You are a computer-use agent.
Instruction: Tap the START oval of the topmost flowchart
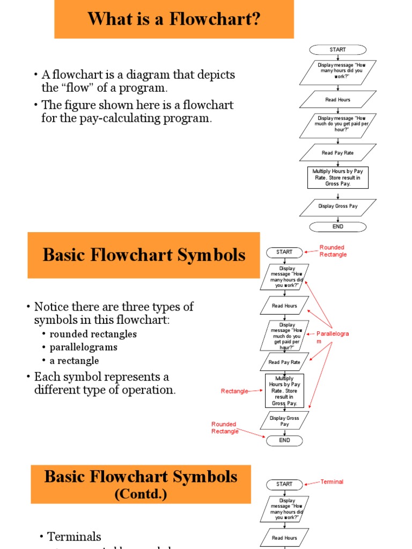click(337, 50)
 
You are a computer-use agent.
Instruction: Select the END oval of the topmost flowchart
click(337, 226)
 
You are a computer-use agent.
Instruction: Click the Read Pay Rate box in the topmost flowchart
click(337, 153)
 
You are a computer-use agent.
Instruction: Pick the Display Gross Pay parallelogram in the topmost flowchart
click(337, 206)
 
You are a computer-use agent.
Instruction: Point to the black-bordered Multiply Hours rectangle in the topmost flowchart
click(337, 177)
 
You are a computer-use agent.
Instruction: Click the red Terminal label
click(332, 482)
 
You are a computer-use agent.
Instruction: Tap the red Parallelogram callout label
click(332, 337)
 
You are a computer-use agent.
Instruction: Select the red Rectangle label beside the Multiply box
click(234, 391)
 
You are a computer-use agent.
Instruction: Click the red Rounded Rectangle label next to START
click(333, 251)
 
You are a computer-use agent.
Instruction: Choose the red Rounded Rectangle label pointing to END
click(224, 428)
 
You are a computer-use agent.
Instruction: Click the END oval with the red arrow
click(284, 440)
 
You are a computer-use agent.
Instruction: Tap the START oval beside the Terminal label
click(284, 484)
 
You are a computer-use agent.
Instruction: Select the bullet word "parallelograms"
click(83, 347)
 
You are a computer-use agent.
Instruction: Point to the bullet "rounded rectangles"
click(93, 334)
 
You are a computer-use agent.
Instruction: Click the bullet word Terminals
click(74, 537)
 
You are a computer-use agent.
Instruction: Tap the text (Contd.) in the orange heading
click(141, 494)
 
